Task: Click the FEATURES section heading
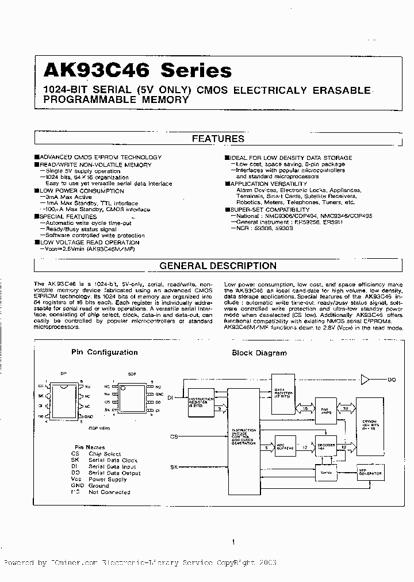click(x=218, y=139)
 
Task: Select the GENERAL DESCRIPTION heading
click(x=218, y=266)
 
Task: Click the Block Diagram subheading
click(x=259, y=353)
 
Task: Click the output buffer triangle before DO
click(x=365, y=379)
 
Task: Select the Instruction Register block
click(x=201, y=402)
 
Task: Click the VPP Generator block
click(x=370, y=472)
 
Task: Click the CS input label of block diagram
click(x=174, y=437)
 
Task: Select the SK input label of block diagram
click(x=174, y=467)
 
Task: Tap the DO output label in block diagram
click(x=392, y=380)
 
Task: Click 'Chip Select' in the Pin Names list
click(x=105, y=454)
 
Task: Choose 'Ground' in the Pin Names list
click(x=99, y=486)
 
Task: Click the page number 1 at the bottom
click(x=233, y=542)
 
